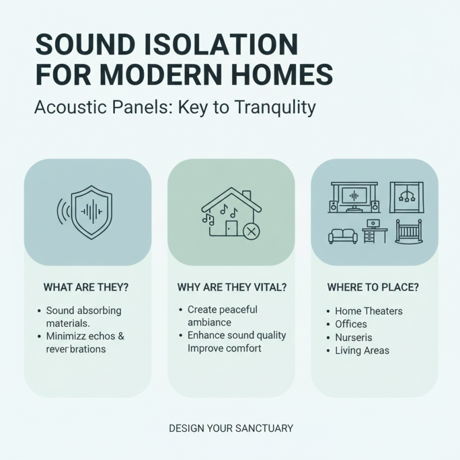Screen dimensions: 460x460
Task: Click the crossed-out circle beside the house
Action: (x=251, y=232)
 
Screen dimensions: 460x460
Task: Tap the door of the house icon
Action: (x=231, y=227)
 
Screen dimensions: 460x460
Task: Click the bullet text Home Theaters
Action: (x=369, y=311)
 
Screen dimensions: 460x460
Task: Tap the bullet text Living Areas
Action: (x=362, y=350)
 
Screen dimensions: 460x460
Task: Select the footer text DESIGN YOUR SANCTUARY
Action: (x=231, y=428)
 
